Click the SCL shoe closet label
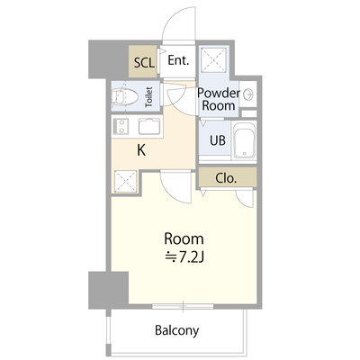click(x=144, y=63)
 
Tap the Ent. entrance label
click(x=178, y=60)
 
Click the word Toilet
click(x=148, y=97)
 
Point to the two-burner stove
click(x=121, y=127)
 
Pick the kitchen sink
click(x=149, y=126)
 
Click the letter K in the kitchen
click(x=141, y=150)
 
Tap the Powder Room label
click(x=219, y=99)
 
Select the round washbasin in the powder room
click(x=248, y=94)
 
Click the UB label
click(x=218, y=140)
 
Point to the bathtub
click(x=245, y=140)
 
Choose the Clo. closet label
click(x=226, y=178)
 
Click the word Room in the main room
click(x=184, y=238)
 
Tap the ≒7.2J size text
click(x=185, y=256)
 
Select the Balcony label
click(x=177, y=330)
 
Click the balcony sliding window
click(x=183, y=306)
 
